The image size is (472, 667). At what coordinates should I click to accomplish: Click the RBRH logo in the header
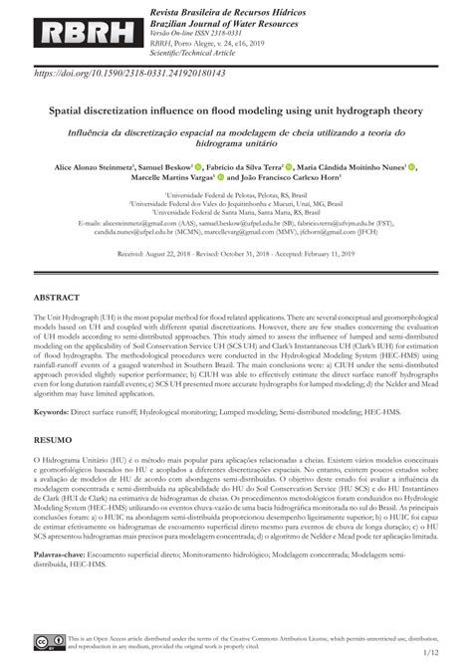pos(75,30)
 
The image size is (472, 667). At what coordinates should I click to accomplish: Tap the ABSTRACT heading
pos(59,298)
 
